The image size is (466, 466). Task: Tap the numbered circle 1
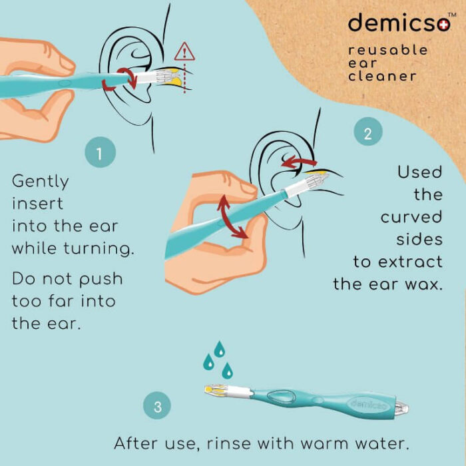tap(100, 152)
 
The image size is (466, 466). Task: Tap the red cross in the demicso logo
tap(444, 25)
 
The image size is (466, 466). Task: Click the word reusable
tap(388, 50)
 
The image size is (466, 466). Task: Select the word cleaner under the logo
tap(382, 76)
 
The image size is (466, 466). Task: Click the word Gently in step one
tap(41, 181)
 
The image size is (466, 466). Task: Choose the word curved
tap(411, 217)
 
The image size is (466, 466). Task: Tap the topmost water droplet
tap(219, 349)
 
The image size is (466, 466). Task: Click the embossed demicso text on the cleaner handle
tap(369, 405)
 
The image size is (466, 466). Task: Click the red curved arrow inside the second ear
tap(299, 161)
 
